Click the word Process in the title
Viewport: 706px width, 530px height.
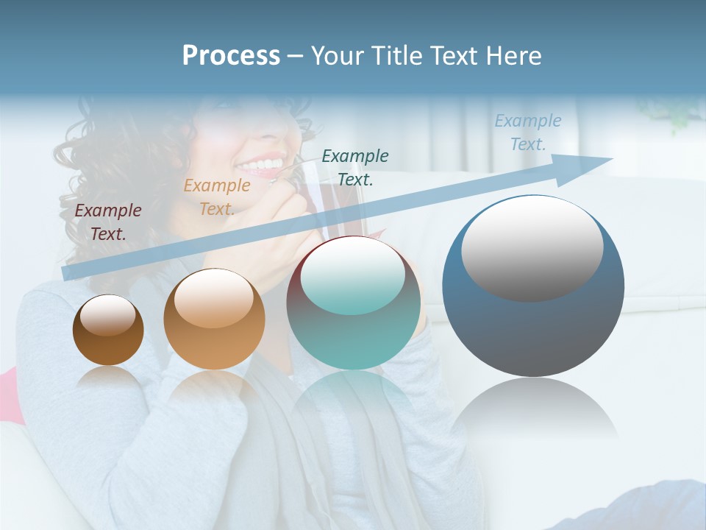click(231, 56)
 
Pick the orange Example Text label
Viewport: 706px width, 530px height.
click(217, 197)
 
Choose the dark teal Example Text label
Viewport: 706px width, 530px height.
click(355, 168)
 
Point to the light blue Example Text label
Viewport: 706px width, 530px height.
click(527, 132)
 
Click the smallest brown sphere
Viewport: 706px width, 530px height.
click(108, 331)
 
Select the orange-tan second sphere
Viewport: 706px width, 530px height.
click(214, 320)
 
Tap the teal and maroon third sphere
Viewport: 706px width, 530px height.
click(353, 303)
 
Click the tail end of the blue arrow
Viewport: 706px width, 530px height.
click(68, 273)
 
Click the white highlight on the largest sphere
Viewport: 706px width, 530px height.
click(532, 247)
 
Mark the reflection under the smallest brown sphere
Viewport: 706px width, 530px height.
click(109, 379)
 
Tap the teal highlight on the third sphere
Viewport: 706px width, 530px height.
click(353, 276)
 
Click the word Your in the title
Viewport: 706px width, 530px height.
click(335, 56)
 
